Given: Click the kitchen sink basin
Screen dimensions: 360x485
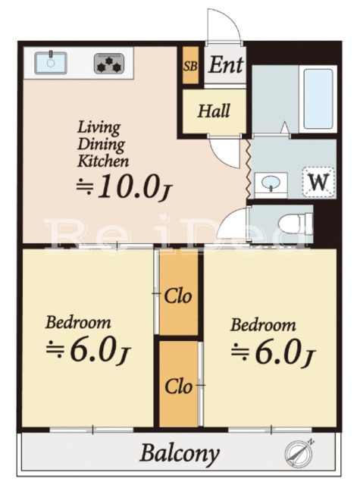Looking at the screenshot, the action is (51, 63).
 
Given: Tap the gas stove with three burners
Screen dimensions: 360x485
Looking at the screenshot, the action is (109, 64).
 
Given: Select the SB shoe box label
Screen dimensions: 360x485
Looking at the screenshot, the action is (190, 66).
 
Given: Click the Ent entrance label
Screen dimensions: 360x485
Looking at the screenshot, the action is (225, 64).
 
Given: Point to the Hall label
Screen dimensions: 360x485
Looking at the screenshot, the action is (214, 111).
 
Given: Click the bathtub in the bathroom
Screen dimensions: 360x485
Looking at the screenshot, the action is (318, 99).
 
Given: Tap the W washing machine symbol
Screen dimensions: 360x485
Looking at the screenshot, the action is (319, 182).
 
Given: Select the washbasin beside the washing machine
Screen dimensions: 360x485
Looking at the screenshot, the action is (271, 184).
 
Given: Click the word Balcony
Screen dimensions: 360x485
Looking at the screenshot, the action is (180, 454).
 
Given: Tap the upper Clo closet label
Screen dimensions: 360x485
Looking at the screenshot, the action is (178, 296).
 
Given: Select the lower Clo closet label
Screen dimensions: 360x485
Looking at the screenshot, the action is (178, 386).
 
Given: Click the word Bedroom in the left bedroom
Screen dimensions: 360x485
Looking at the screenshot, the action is (78, 322).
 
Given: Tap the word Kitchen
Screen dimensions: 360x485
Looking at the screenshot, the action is (103, 161).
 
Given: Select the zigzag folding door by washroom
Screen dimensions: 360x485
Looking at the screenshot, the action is (249, 168).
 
